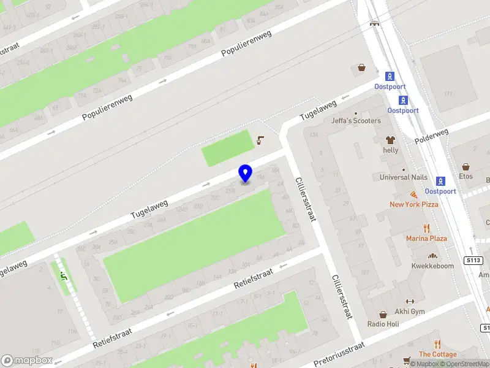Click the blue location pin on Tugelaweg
coord(246,173)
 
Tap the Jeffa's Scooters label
coord(356,121)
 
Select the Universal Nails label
coord(403,177)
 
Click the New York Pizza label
coord(414,204)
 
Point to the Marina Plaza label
coord(426,238)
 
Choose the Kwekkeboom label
coord(432,266)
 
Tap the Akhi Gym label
coord(410,311)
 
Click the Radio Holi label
coord(383,324)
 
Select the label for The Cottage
coord(437,354)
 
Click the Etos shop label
coord(466,176)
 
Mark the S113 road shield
coord(472,260)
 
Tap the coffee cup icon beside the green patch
coord(260,140)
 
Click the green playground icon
coord(62,276)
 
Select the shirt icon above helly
coord(390,140)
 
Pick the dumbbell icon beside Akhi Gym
coord(410,301)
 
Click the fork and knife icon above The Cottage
coord(437,344)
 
